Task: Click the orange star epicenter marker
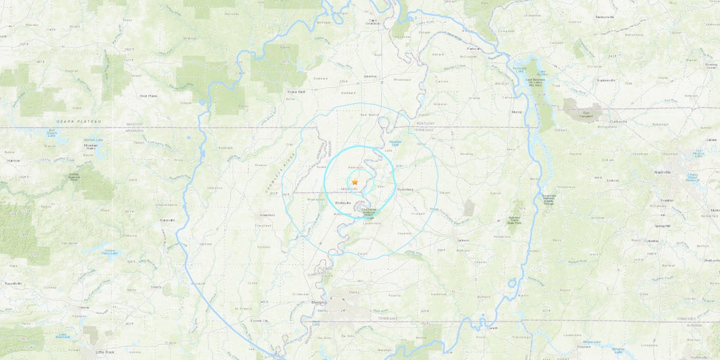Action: coord(355,181)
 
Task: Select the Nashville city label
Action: coord(662,172)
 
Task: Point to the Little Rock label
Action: coord(104,352)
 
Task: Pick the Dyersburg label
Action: coord(406,189)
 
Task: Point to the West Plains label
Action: coord(148,95)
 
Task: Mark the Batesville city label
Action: coord(167,220)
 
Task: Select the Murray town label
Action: coord(517,112)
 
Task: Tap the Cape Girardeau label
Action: coord(373,23)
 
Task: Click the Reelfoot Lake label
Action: coord(394,143)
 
